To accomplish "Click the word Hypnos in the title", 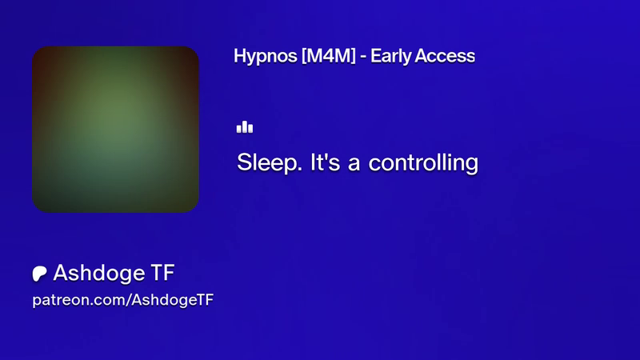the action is coord(266,57).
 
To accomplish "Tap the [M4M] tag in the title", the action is coord(329,56).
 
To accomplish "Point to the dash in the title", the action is coord(363,58).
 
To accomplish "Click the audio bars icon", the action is coord(245,127).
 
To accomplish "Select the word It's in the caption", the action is coord(325,162).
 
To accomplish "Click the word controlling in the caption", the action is coord(423,163).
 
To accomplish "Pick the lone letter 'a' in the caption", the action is coord(354,164).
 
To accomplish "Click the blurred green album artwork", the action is coord(115,129).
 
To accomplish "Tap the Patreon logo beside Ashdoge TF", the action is coord(39,274).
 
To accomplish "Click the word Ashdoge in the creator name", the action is coord(98,274).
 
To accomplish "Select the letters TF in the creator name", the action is coord(163,273).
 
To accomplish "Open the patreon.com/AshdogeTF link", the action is coord(123,301).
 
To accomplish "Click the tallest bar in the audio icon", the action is coord(245,127).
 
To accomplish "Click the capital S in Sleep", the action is coord(244,162).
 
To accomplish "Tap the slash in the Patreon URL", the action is coord(129,300).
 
